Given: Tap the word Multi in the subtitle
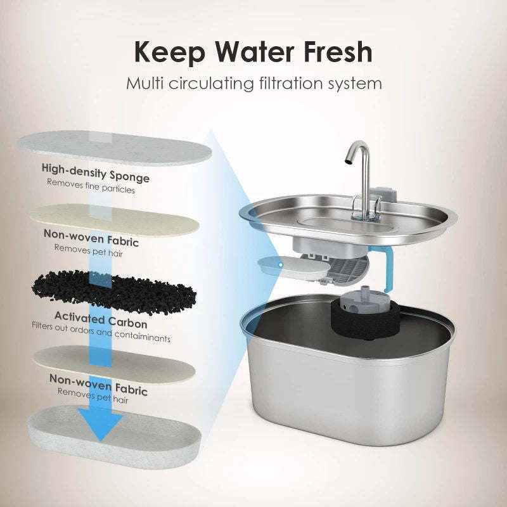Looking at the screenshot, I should (144, 83).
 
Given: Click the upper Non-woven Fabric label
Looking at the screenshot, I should (91, 238).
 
